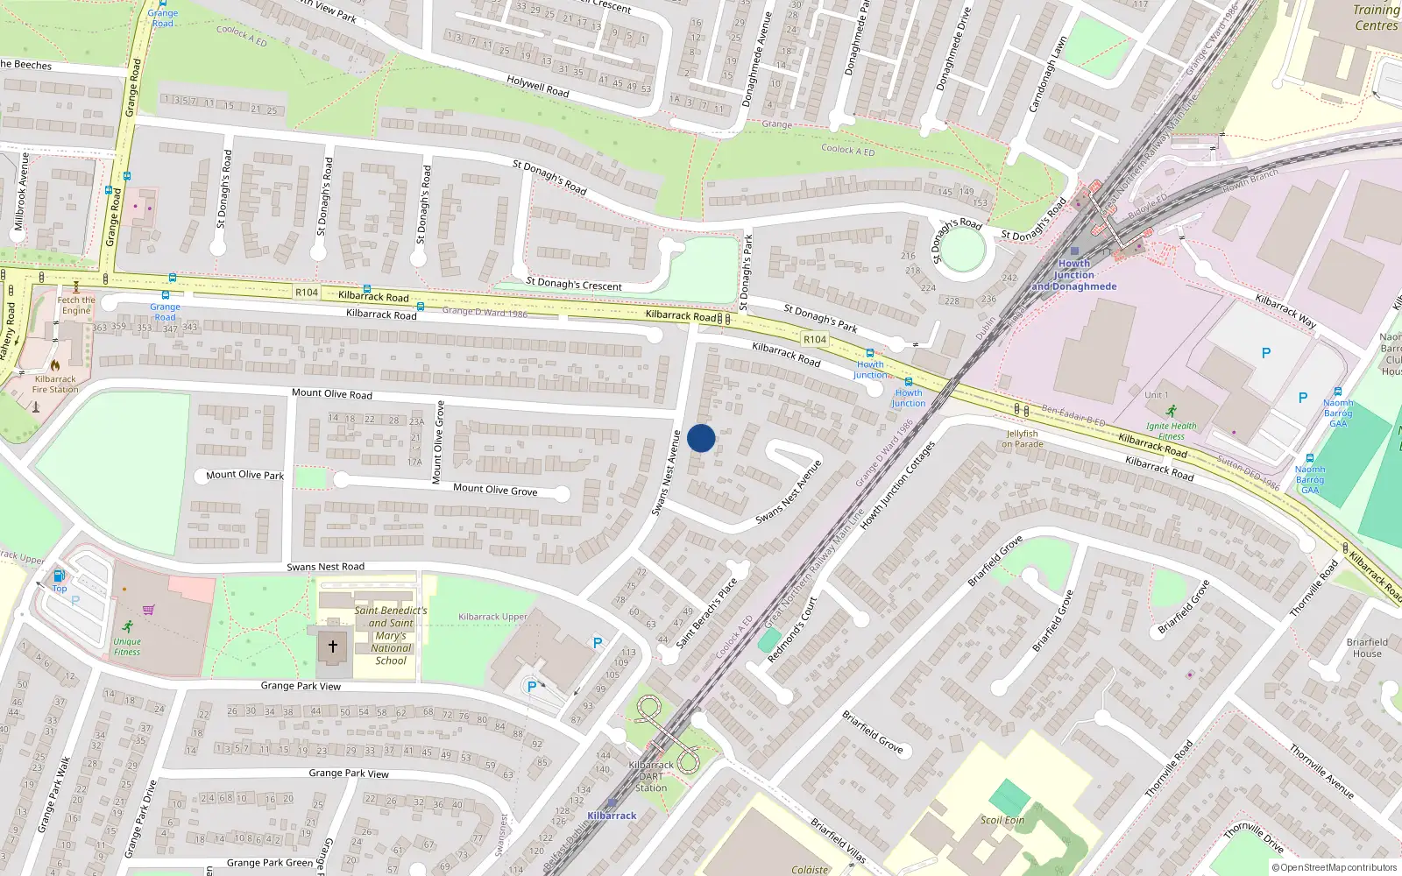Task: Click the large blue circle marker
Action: click(x=701, y=438)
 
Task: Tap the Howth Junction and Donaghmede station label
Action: click(x=1074, y=275)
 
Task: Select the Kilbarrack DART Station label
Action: click(x=651, y=776)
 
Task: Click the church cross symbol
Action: click(x=333, y=647)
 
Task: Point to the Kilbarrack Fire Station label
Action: click(x=55, y=384)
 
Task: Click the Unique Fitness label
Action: click(x=127, y=646)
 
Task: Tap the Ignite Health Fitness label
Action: click(x=1171, y=431)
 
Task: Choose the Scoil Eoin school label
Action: click(x=1002, y=820)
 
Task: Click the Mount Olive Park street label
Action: click(x=245, y=475)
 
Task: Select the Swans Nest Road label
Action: click(x=326, y=567)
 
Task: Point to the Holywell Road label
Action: click(x=538, y=86)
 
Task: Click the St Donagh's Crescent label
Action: click(x=574, y=284)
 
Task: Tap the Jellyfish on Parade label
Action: click(x=1023, y=439)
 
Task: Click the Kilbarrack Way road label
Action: click(x=1285, y=311)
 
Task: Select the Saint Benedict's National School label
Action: click(x=391, y=635)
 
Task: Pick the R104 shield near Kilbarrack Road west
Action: click(x=307, y=293)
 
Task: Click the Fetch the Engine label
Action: click(x=76, y=305)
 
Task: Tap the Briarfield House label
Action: click(x=1367, y=647)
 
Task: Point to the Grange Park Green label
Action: click(x=270, y=863)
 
